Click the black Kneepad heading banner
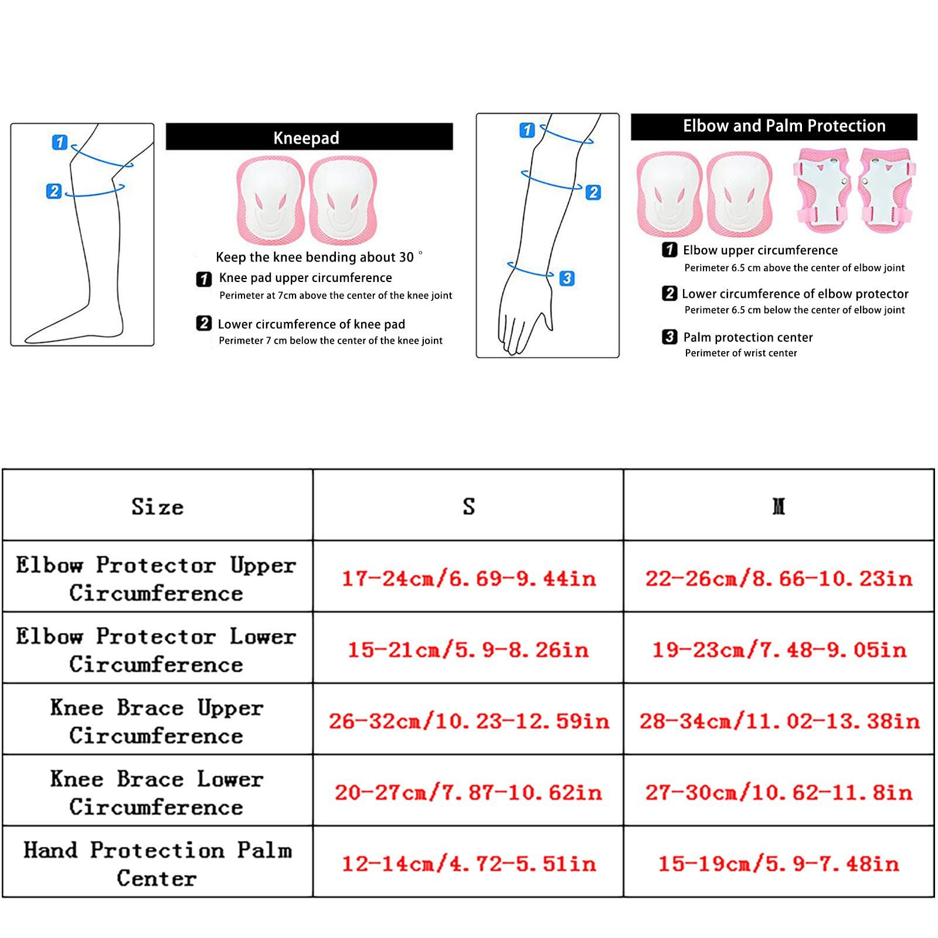click(x=309, y=137)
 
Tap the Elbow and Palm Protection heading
click(x=784, y=126)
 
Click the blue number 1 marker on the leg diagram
click(x=60, y=142)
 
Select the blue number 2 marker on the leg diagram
click(x=54, y=191)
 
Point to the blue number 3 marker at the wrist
click(x=567, y=278)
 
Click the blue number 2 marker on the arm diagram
click(x=593, y=192)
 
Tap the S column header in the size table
click(x=468, y=506)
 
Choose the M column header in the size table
click(x=779, y=506)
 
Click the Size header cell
click(x=157, y=506)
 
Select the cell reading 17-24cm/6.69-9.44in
click(x=468, y=578)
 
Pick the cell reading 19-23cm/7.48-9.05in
click(x=779, y=649)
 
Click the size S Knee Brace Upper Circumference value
click(x=468, y=721)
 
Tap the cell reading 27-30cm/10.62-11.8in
click(x=779, y=792)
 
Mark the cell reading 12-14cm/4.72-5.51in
click(x=468, y=863)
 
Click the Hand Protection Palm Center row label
click(x=157, y=864)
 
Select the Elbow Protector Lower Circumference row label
click(x=156, y=650)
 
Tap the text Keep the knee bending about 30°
click(x=319, y=257)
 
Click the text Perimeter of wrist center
click(x=741, y=353)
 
